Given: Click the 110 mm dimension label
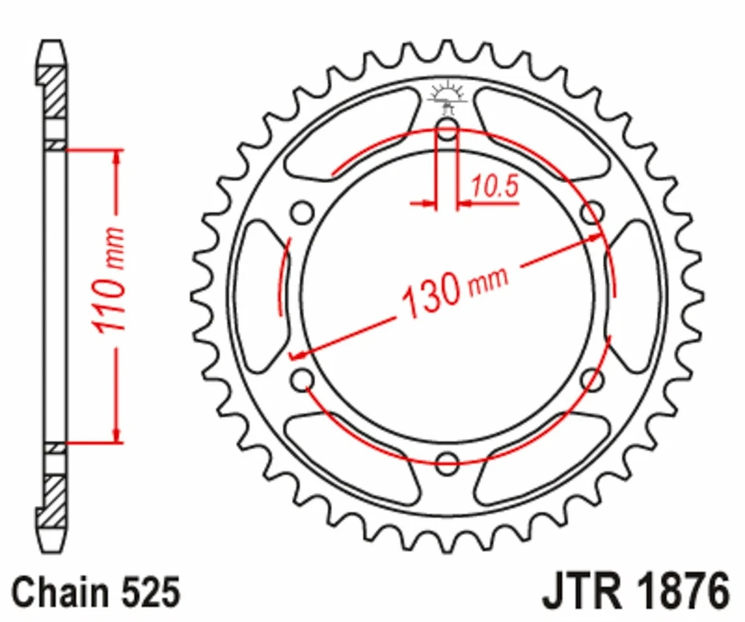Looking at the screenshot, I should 110,281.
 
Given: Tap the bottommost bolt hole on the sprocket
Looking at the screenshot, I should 447,464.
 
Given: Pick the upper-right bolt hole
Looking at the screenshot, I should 593,211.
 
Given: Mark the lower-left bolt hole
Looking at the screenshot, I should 302,380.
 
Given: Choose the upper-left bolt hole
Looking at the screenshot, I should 302,212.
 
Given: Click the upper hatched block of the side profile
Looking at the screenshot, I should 54,93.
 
